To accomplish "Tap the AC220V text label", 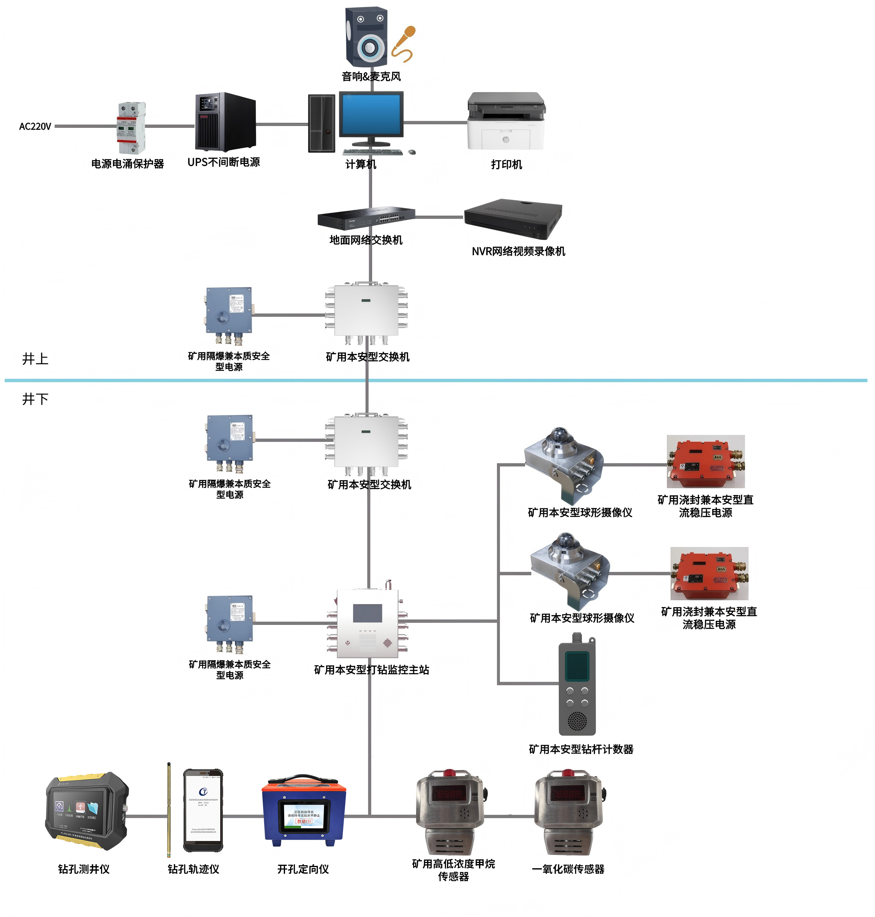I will click(35, 126).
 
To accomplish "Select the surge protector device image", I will click(131, 128).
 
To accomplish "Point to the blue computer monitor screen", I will click(371, 114).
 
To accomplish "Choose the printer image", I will click(506, 121).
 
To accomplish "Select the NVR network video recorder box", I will click(513, 218).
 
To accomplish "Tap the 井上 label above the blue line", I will click(35, 358).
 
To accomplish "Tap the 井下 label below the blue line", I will click(35, 398).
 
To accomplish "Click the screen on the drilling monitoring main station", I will click(368, 613).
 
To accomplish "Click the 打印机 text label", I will click(506, 164).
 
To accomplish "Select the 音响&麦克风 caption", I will click(371, 76).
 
